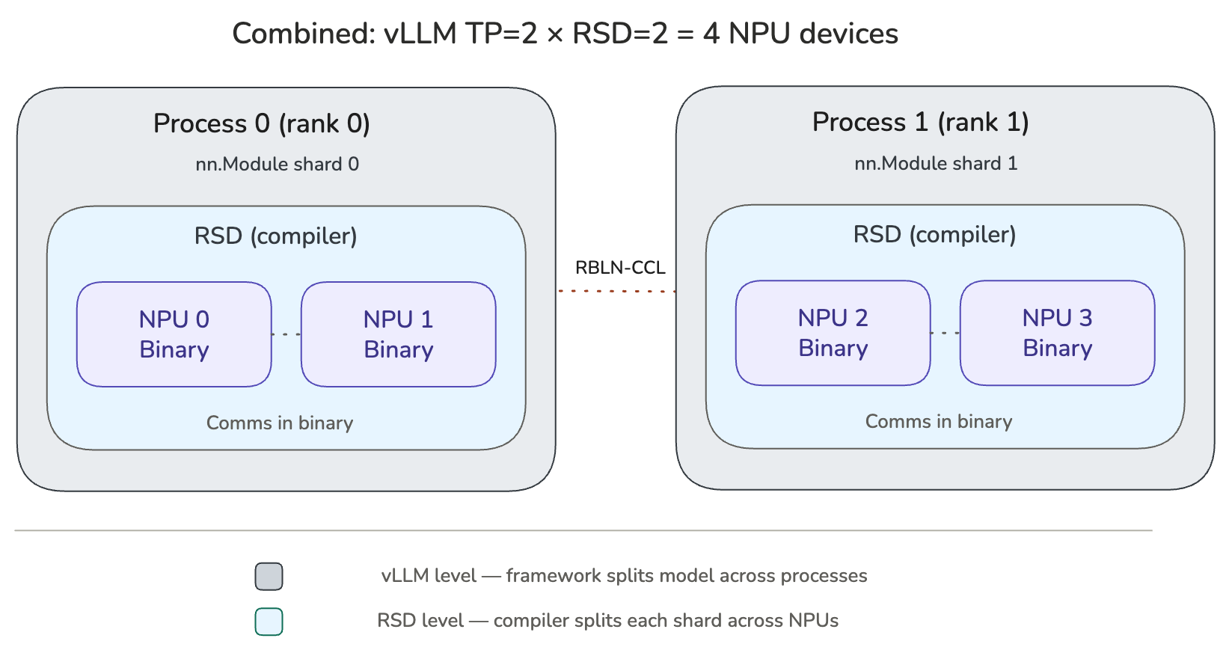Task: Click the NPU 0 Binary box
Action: (x=174, y=334)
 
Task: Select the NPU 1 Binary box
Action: (x=399, y=334)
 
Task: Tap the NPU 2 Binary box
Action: (x=833, y=333)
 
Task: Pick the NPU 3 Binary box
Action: (x=1058, y=333)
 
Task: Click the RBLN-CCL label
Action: (x=619, y=268)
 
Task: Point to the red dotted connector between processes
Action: (x=616, y=291)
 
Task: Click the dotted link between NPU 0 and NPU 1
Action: (x=286, y=334)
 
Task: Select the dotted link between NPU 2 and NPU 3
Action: (x=945, y=333)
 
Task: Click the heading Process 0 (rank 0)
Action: (x=262, y=123)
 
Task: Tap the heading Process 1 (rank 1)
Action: (x=921, y=122)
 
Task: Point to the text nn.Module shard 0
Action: (x=278, y=165)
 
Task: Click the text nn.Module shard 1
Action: (x=936, y=164)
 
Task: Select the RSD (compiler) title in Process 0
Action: (x=276, y=236)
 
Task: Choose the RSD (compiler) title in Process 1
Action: (x=935, y=235)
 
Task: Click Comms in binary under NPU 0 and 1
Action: (x=280, y=423)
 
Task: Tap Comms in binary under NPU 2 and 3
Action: (x=939, y=422)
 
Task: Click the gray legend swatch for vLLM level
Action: (x=269, y=577)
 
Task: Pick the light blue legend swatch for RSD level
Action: (x=269, y=622)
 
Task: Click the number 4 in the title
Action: (x=711, y=34)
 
